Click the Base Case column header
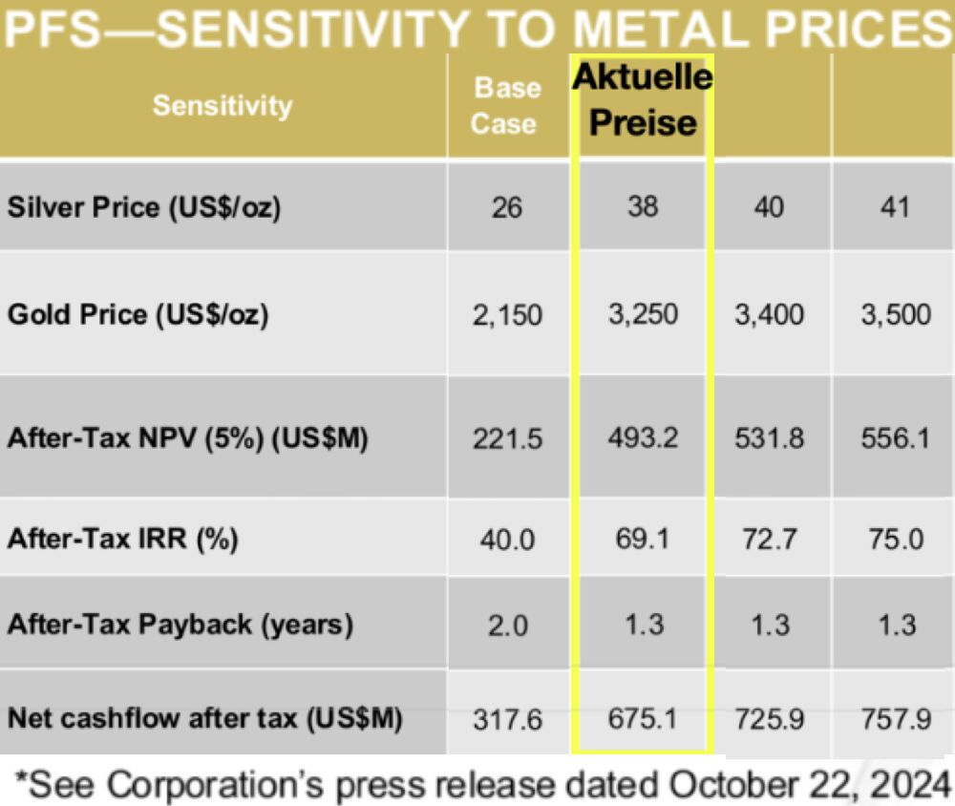click(x=507, y=105)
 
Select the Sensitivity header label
click(x=222, y=105)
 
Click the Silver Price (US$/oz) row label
click(x=144, y=207)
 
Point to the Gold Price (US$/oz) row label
click(x=138, y=314)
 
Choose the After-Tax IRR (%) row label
click(x=122, y=539)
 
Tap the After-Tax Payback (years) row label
click(x=180, y=625)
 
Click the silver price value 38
click(x=643, y=206)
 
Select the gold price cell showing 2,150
click(x=507, y=314)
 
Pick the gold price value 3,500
click(x=896, y=314)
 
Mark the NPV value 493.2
click(x=643, y=438)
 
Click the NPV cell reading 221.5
click(x=507, y=438)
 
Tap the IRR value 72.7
click(x=770, y=539)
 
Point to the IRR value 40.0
click(x=507, y=539)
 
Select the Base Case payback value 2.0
click(x=507, y=625)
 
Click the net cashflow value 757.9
click(x=896, y=717)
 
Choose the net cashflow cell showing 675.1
click(x=643, y=717)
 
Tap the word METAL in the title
click(x=668, y=30)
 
